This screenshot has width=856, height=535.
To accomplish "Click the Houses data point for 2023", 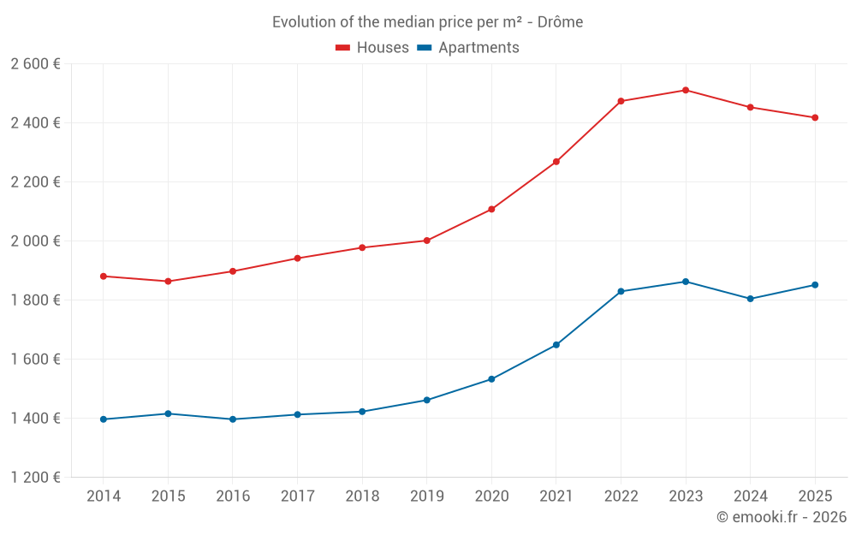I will pos(686,90).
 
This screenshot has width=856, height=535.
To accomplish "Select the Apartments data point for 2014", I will pos(104,419).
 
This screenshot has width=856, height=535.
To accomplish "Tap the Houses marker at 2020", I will pos(491,209).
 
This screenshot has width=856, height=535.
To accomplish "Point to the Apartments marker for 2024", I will pos(751,299).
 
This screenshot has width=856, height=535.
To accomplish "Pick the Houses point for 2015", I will pos(168,281).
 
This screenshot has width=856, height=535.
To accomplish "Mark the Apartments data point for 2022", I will pos(621,291).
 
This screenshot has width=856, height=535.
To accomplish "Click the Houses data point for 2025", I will pos(815,117).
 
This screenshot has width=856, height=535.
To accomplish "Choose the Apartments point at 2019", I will pos(427,400).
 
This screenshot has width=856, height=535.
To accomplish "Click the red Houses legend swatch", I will pos(343,48).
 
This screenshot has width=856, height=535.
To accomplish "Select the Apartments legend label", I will pos(479,48).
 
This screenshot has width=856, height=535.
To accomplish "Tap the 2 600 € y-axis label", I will pos(35,63).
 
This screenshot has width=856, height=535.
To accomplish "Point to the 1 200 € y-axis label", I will pos(35,477).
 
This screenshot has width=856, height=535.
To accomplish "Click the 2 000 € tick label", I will pos(35,241).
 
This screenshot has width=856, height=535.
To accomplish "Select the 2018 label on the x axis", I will pos(362,496).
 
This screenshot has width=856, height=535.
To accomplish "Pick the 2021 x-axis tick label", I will pos(556,496).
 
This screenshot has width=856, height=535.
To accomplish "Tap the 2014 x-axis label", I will pos(104,496).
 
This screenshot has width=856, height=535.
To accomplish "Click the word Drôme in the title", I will pos(562,22).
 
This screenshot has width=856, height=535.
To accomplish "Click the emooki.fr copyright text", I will pos(782,517).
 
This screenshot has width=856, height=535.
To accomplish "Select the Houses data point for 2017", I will pos(297,258).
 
